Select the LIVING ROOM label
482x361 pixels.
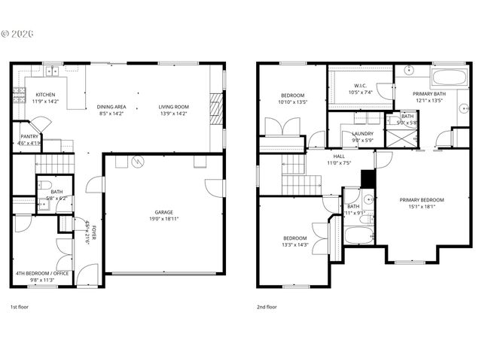pyautogui.click(x=173, y=107)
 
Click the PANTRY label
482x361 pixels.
pyautogui.click(x=29, y=137)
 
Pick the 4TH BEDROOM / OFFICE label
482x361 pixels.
pyautogui.click(x=42, y=273)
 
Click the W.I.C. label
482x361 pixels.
pyautogui.click(x=358, y=86)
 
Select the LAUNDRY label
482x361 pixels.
pyautogui.click(x=362, y=133)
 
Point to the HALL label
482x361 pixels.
pyautogui.click(x=339, y=156)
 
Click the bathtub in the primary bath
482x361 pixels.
pyautogui.click(x=450, y=77)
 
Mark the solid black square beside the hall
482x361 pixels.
pyautogui.click(x=368, y=179)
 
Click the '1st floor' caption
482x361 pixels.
pyautogui.click(x=20, y=307)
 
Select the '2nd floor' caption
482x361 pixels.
pyautogui.click(x=267, y=307)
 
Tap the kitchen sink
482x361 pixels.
pyautogui.click(x=52, y=71)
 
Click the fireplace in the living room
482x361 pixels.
pyautogui.click(x=216, y=107)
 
